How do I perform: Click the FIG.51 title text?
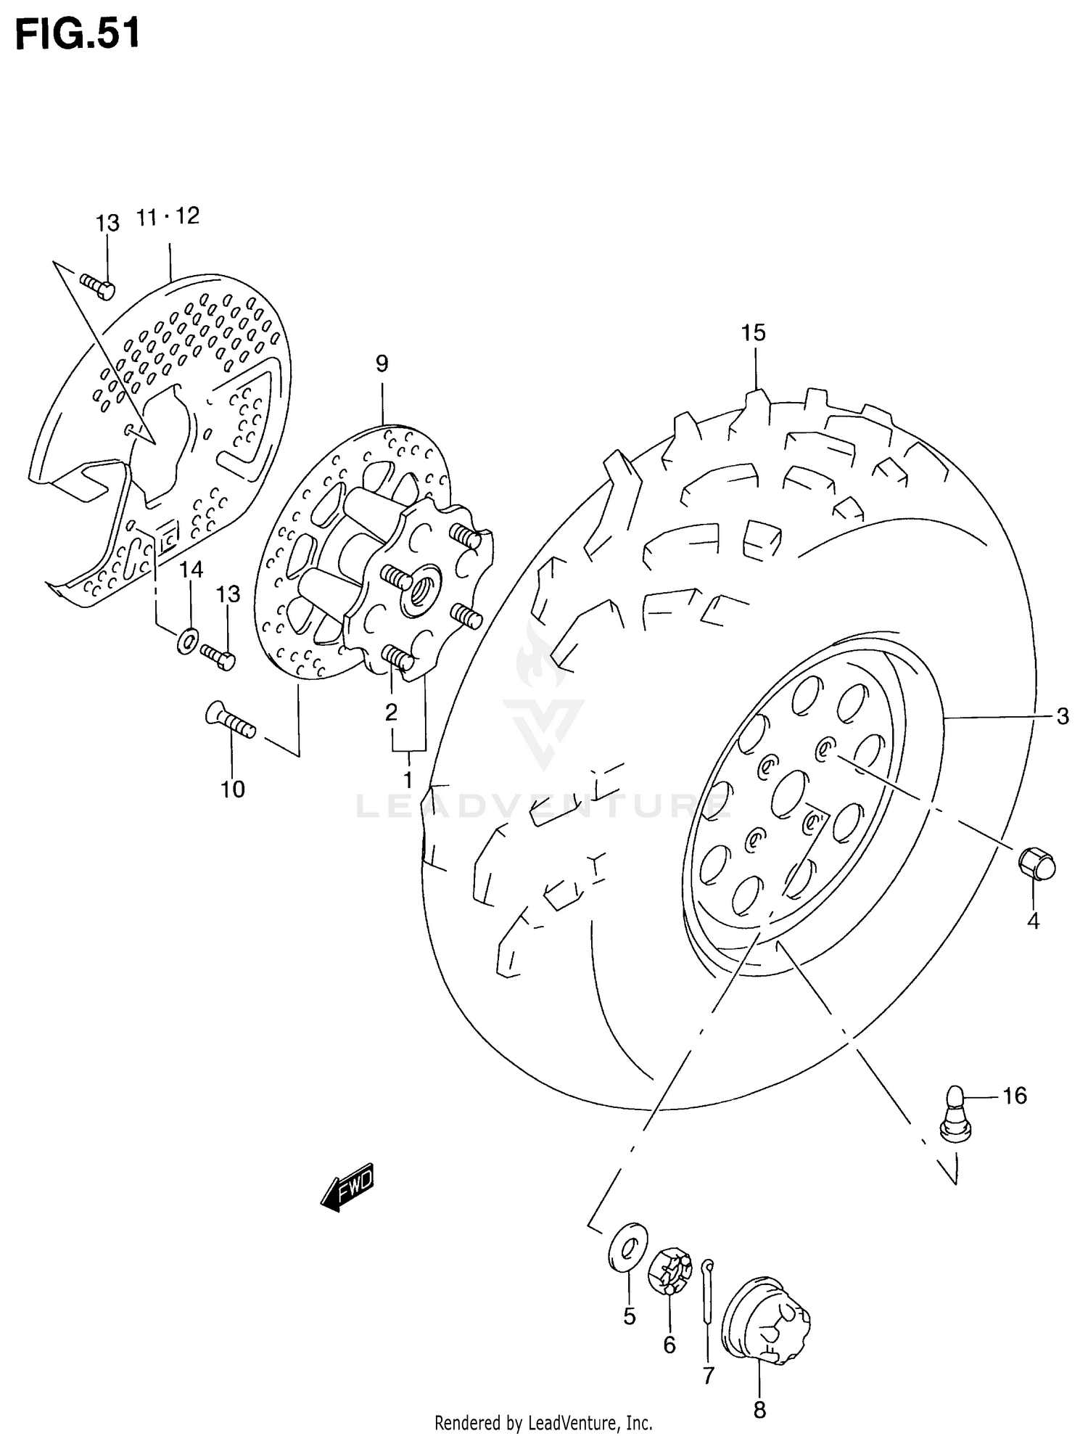point(78,35)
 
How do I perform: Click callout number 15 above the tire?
point(753,333)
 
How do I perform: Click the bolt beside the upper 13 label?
point(97,287)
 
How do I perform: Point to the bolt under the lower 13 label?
point(217,656)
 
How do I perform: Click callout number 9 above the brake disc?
point(382,364)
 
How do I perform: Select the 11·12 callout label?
point(168,216)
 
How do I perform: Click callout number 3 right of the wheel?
point(1062,717)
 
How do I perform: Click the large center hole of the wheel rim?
point(788,793)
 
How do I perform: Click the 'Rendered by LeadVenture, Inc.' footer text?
point(543,1422)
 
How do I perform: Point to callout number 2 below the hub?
point(391,712)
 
